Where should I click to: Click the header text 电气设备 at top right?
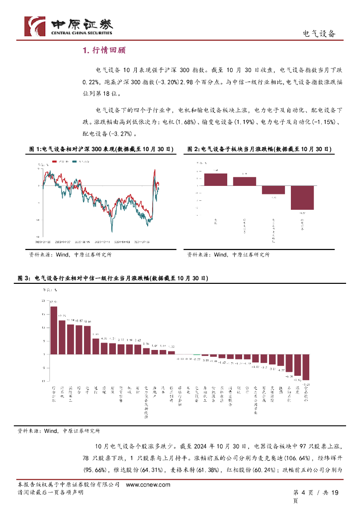(x=319, y=34)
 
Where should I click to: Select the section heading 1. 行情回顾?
(x=104, y=50)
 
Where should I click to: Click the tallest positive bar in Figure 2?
(x=216, y=179)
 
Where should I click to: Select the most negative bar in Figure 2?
(x=302, y=197)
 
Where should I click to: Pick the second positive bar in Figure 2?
(x=245, y=181)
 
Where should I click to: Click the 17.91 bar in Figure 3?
(x=53, y=330)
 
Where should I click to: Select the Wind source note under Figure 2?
(x=228, y=254)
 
